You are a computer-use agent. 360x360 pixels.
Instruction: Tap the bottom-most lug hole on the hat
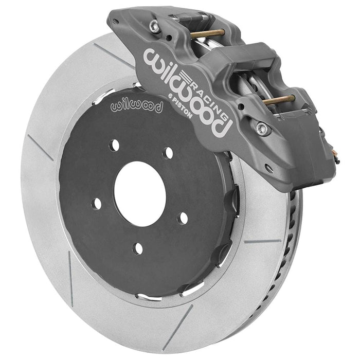138,248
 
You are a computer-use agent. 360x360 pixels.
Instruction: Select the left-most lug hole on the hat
97,204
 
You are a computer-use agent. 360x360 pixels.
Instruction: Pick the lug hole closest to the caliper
168,153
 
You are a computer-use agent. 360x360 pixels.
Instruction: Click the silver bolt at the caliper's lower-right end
263,129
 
